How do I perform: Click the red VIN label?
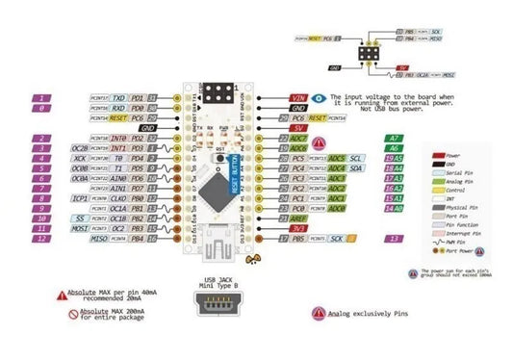point(298,98)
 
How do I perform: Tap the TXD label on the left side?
point(117,98)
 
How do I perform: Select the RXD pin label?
point(117,109)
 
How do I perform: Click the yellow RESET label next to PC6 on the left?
point(115,118)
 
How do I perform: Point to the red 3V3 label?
point(298,228)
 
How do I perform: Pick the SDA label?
point(356,168)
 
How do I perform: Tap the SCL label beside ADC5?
point(356,158)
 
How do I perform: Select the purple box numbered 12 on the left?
point(43,238)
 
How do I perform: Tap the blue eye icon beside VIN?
point(320,98)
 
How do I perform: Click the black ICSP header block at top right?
point(368,56)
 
